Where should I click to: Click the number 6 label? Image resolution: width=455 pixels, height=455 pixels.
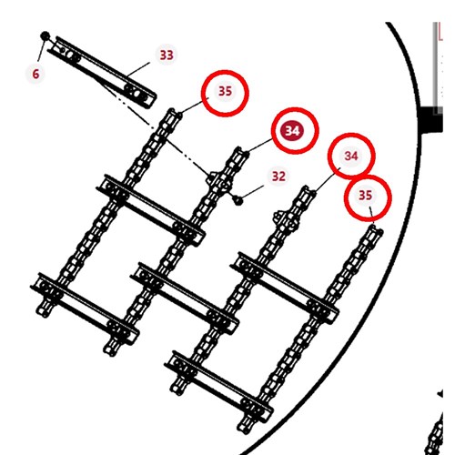[x=35, y=74]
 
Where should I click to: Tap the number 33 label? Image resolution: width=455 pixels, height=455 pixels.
[x=167, y=55]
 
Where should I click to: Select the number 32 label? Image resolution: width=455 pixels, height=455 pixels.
[x=278, y=176]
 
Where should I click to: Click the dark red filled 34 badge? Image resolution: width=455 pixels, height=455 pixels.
[x=292, y=131]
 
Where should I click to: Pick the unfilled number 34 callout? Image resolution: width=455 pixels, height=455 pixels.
[x=351, y=156]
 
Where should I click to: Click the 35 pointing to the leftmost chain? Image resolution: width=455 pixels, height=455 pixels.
[x=225, y=91]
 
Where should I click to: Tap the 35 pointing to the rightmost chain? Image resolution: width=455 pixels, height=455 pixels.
[x=365, y=195]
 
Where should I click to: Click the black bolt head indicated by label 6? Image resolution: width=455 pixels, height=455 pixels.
[x=45, y=35]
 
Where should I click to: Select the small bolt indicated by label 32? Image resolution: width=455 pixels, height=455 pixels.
[x=238, y=200]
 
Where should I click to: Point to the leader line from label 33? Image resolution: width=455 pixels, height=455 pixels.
[x=138, y=69]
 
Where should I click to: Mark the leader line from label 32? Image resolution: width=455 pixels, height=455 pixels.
[x=253, y=192]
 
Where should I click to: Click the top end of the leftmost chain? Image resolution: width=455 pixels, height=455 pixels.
[x=173, y=113]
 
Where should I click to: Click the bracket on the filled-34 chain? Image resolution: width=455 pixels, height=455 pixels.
[x=219, y=181]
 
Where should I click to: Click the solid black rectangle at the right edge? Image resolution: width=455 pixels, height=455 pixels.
[x=430, y=119]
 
